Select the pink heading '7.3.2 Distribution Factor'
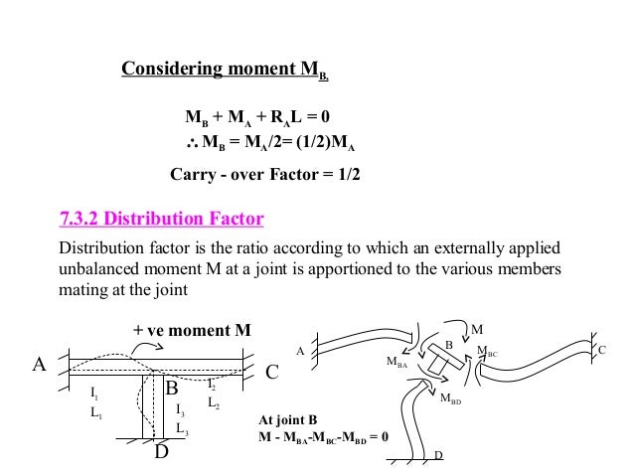tap(161, 219)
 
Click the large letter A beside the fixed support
tap(41, 364)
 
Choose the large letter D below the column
tap(162, 458)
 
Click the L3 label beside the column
tap(182, 428)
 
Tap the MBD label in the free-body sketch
tap(450, 401)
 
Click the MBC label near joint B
tap(487, 352)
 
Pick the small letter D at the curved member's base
tap(438, 456)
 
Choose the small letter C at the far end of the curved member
tap(601, 351)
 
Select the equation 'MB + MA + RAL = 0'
tap(257, 123)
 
